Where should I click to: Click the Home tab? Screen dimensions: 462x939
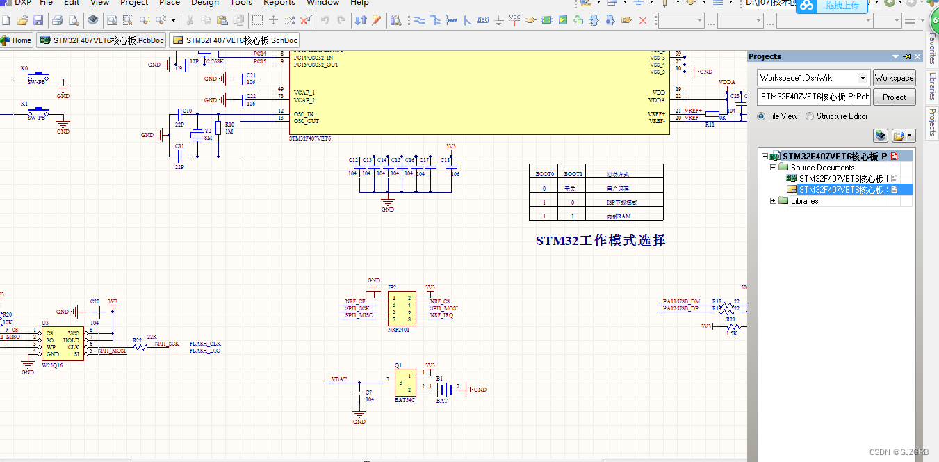[17, 40]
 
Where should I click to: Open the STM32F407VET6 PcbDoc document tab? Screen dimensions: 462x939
[102, 40]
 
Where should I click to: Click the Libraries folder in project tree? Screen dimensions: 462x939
[804, 201]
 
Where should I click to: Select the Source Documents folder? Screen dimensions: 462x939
[822, 168]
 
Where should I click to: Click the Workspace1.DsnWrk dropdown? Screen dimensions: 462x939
[813, 78]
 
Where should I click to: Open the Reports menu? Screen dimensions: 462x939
[279, 3]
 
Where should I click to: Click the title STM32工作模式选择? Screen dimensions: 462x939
[601, 241]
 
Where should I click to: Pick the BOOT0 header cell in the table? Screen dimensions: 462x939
[545, 174]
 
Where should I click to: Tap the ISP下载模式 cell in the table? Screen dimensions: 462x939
[621, 202]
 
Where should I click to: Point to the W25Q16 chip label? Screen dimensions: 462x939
[52, 365]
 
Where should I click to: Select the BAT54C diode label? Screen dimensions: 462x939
[405, 401]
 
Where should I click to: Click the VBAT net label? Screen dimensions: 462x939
[339, 380]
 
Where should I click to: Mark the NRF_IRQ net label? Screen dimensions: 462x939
[441, 315]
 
